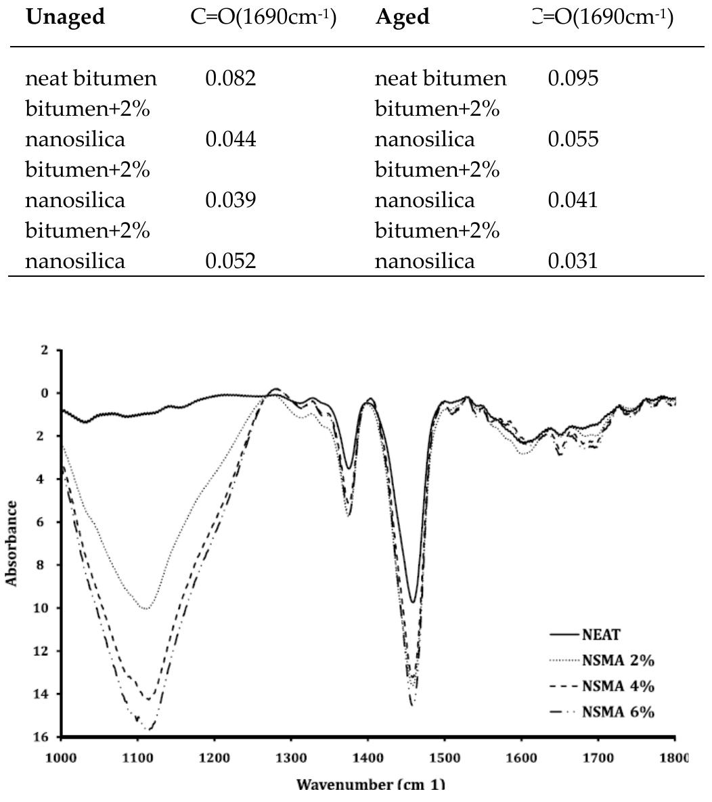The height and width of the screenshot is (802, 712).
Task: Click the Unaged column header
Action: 65,17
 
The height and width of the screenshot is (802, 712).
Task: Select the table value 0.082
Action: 230,79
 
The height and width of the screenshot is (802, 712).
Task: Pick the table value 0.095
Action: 573,79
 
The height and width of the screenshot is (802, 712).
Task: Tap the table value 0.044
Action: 230,139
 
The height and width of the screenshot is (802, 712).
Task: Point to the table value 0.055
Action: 573,139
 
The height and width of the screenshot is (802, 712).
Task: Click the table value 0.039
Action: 230,200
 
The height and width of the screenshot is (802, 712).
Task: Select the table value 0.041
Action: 573,200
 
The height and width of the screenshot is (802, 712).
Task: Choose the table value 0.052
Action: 230,261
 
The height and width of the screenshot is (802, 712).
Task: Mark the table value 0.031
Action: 573,261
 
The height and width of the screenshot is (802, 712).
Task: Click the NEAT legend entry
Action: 601,635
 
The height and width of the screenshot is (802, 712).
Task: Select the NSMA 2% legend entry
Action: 618,661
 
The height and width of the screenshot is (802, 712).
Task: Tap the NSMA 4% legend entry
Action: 618,686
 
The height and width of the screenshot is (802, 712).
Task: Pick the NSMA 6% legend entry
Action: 618,712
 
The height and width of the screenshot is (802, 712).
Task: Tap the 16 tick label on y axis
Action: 44,737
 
